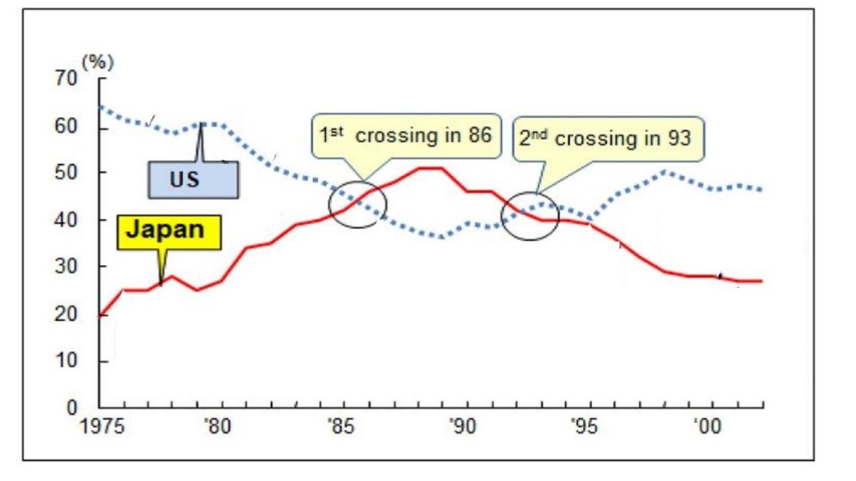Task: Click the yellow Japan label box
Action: point(170,232)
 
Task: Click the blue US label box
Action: point(193,179)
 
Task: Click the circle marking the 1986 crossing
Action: point(358,203)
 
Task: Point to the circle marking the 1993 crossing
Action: point(530,216)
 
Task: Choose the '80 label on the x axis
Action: point(220,427)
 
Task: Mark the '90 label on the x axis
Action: point(462,427)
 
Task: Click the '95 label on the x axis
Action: point(583,427)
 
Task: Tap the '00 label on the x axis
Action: point(705,427)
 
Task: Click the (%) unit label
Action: point(97,61)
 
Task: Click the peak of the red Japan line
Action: point(431,168)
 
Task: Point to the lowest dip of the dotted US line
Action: point(442,237)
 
